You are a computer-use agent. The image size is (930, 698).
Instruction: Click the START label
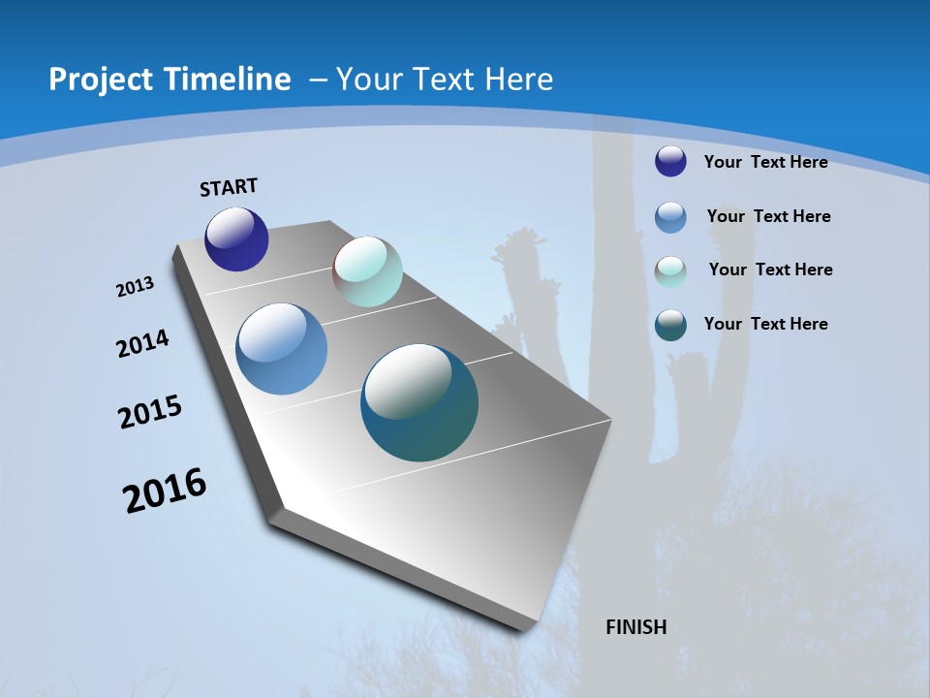[x=229, y=187]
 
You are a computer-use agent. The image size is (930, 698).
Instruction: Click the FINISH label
[x=635, y=627]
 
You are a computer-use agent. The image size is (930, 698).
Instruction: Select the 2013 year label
[x=135, y=287]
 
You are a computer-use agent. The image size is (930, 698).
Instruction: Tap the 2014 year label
[x=142, y=344]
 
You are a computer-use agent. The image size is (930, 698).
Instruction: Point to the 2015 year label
[x=150, y=412]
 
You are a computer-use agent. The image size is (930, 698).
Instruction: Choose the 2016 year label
[x=165, y=491]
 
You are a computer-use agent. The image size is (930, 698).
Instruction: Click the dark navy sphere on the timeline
[x=236, y=239]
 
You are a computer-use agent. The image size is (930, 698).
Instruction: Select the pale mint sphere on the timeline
[x=367, y=271]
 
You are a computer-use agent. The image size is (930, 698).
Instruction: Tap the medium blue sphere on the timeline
[x=281, y=349]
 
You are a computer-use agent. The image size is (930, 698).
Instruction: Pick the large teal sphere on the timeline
[x=419, y=402]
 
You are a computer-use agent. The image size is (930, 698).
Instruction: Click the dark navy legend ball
[x=670, y=161]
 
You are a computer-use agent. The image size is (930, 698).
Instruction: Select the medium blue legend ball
[x=670, y=217]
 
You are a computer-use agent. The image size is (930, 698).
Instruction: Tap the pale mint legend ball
[x=670, y=271]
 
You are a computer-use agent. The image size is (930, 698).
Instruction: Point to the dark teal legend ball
[x=670, y=325]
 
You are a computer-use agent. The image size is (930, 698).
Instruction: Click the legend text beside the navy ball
[x=765, y=162]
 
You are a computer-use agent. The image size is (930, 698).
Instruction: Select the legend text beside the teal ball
[x=765, y=324]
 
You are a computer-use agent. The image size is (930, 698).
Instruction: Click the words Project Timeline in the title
[x=170, y=79]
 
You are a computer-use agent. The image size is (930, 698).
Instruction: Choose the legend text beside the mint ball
[x=770, y=270]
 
